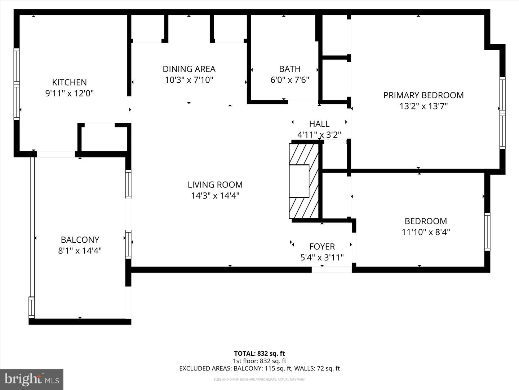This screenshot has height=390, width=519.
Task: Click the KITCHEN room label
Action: click(69, 82)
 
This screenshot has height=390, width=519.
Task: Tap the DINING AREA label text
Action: click(189, 69)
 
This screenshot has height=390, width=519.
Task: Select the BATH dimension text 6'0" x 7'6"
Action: click(290, 80)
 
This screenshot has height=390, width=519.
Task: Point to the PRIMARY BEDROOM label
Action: click(423, 95)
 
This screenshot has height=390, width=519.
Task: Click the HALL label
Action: click(319, 124)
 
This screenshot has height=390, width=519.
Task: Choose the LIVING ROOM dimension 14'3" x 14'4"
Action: click(215, 196)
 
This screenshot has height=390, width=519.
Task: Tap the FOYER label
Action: click(322, 247)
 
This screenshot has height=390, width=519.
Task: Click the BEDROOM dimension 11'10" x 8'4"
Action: click(426, 232)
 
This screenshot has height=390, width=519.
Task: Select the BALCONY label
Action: click(80, 240)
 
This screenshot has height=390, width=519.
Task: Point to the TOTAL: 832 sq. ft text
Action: click(259, 354)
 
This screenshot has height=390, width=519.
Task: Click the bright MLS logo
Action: click(32, 380)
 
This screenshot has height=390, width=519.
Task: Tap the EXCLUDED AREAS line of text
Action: click(259, 369)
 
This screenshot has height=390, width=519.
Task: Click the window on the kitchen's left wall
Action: click(16, 84)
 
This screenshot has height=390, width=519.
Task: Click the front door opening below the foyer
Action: click(331, 269)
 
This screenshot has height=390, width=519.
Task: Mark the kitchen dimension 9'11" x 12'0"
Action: click(69, 94)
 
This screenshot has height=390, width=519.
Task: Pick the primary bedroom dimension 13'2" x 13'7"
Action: click(423, 107)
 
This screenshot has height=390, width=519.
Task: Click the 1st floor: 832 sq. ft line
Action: click(259, 361)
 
